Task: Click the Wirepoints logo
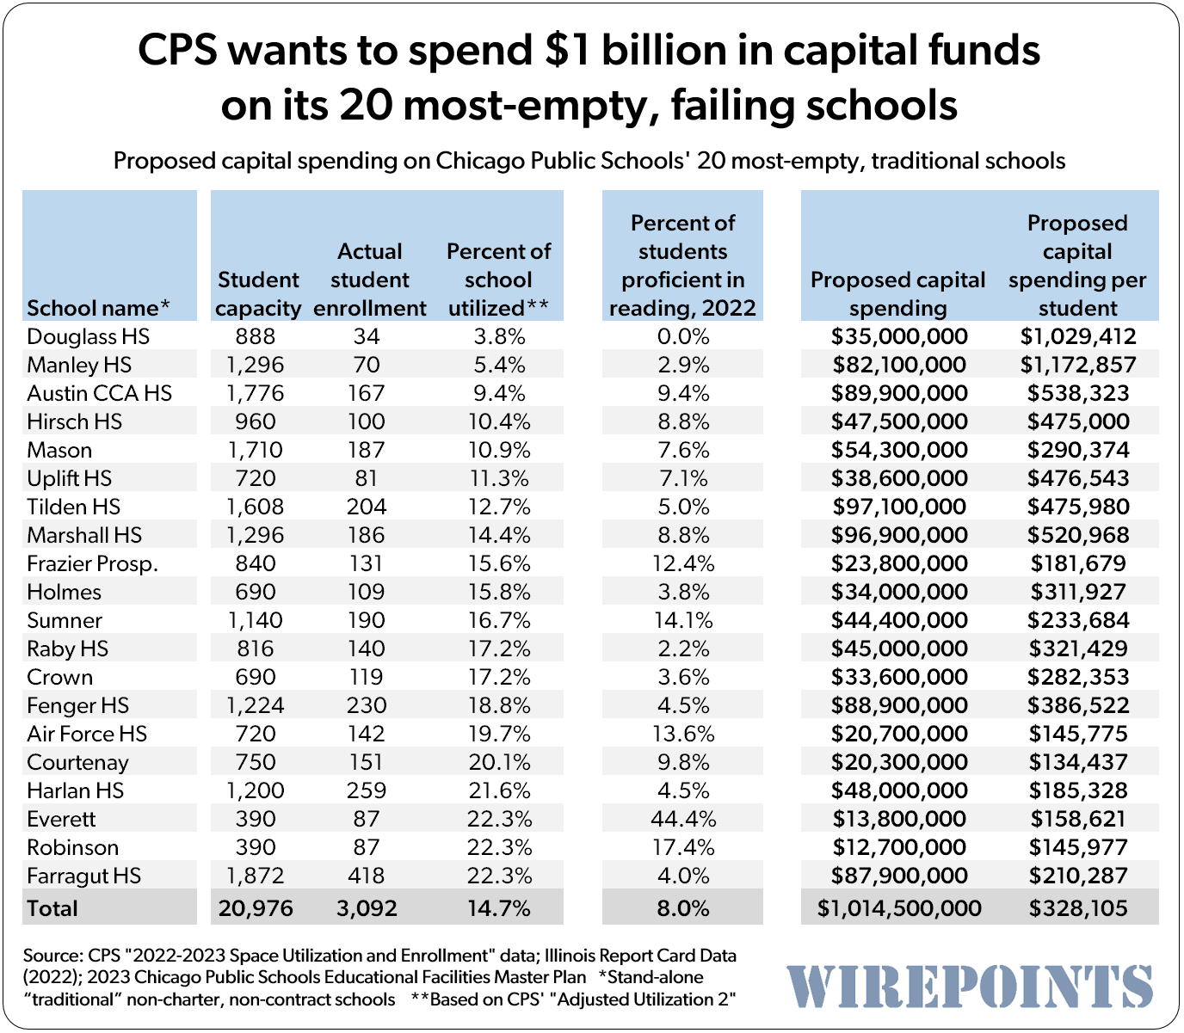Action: pos(970,986)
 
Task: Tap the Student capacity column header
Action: pos(258,293)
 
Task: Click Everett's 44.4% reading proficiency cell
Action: pos(682,819)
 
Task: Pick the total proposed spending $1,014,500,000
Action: pos(898,908)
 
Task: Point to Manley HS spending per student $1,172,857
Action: pos(1077,365)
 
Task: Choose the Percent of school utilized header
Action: pos(498,280)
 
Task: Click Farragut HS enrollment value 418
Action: pos(367,876)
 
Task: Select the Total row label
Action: pos(52,908)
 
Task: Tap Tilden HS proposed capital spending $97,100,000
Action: pos(898,507)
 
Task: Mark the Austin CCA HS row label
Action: pos(99,393)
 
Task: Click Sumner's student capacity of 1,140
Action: pos(256,620)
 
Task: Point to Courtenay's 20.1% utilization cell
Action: pos(499,762)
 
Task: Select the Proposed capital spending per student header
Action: pos(1077,265)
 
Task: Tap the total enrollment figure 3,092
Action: pos(367,908)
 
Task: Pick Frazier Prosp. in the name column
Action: pos(92,563)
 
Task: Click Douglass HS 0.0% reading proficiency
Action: pos(682,336)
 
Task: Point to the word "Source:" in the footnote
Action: pos(52,956)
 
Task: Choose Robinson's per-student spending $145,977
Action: pos(1077,847)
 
